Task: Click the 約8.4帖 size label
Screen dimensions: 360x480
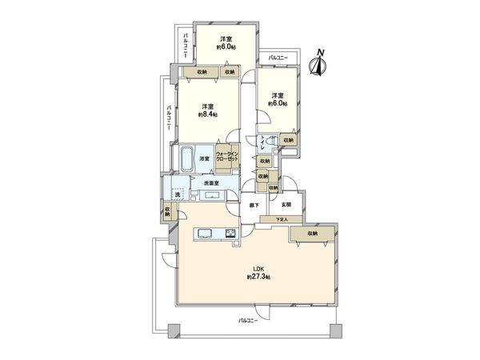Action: point(207,114)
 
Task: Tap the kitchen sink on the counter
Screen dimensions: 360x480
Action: point(203,234)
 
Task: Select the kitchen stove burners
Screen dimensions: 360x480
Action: point(230,234)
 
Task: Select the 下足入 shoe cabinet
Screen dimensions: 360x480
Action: point(281,219)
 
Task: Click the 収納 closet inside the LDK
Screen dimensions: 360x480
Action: point(312,233)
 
